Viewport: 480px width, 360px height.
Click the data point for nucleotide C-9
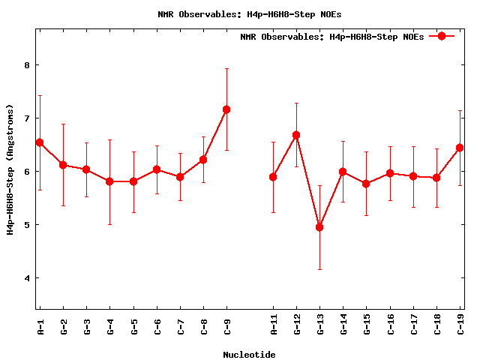point(226,109)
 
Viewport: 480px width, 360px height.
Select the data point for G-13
point(319,226)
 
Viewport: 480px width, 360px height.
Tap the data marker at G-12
point(296,135)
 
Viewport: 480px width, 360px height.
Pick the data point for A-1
point(40,142)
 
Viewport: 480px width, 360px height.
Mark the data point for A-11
point(273,177)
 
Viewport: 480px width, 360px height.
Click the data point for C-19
point(460,148)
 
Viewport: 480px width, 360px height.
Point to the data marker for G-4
point(109,181)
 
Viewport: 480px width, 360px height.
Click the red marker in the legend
point(442,36)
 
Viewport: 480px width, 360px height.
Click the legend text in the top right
point(331,37)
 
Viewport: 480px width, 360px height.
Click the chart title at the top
point(240,14)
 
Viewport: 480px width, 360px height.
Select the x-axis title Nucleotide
point(249,355)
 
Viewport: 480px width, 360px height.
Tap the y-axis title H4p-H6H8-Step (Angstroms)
point(10,169)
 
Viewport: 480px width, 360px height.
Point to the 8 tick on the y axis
point(26,65)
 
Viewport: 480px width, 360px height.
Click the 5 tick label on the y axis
point(26,225)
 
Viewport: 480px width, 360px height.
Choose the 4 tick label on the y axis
point(26,278)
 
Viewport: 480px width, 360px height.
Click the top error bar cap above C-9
point(226,69)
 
